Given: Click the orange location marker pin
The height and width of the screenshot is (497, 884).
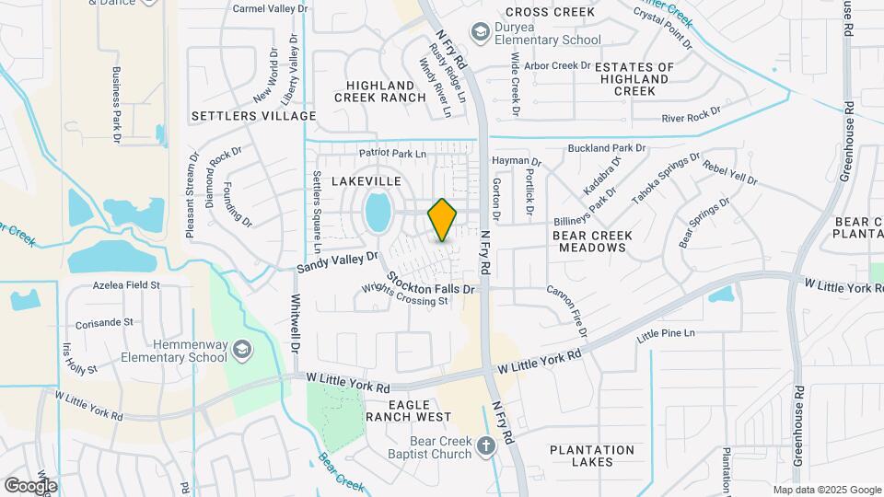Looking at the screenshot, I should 442,219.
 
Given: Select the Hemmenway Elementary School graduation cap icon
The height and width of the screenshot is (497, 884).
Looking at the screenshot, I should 241,349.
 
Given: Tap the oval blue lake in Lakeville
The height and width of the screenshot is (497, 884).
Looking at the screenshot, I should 378,214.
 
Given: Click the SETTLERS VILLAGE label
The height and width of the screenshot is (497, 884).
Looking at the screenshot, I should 253,116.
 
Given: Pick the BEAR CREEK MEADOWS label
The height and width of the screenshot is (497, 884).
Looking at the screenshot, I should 592,242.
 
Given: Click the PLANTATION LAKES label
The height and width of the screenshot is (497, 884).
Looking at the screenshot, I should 592,456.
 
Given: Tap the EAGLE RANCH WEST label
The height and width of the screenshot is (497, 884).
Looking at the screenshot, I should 408,410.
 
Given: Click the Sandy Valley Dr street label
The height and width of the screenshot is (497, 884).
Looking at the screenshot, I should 337,263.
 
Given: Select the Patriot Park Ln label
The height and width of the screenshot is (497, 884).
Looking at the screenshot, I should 393,153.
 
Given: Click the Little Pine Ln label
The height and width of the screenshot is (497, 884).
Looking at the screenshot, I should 666,332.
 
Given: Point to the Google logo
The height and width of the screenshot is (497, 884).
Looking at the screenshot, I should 30,485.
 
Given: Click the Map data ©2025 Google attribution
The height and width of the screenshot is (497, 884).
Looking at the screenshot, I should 826,490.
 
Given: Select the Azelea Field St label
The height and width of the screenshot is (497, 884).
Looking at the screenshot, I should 126,286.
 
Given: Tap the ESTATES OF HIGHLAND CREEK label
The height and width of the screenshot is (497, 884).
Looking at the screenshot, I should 634,79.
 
